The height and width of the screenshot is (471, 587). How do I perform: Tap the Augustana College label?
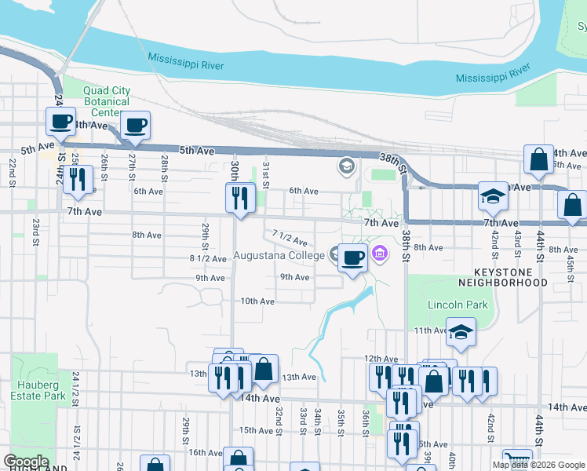[x=279, y=256]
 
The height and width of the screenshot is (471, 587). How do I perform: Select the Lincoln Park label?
[x=458, y=305]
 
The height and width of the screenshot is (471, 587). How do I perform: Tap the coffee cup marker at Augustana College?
[x=353, y=257]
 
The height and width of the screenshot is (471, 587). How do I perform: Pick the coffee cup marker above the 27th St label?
[x=135, y=126]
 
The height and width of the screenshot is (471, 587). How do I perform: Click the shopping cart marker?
[x=516, y=460]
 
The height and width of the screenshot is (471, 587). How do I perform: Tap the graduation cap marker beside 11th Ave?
[x=461, y=333]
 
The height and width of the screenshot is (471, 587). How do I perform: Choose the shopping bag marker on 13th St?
[x=264, y=369]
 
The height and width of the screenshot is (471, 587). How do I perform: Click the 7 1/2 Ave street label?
[x=289, y=237]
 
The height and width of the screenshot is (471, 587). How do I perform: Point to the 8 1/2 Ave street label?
[x=209, y=258]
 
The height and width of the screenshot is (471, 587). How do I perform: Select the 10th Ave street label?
[x=257, y=301]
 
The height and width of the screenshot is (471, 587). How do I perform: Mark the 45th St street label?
[x=571, y=264]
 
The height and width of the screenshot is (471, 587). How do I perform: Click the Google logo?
[x=26, y=462]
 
